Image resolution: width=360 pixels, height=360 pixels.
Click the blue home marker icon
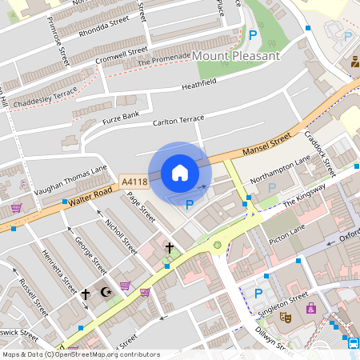click(x=180, y=173)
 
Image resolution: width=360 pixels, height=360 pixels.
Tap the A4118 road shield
click(x=134, y=183)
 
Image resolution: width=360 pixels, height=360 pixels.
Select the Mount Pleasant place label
click(x=237, y=56)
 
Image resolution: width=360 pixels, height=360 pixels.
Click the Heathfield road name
click(x=199, y=84)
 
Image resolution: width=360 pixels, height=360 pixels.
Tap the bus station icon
click(x=354, y=342)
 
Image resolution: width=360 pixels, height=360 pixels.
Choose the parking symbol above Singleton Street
click(x=258, y=293)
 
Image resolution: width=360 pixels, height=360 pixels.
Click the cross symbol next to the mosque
click(x=86, y=294)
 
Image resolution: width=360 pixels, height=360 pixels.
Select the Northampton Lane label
click(x=279, y=169)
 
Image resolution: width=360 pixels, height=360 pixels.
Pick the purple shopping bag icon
click(x=310, y=308)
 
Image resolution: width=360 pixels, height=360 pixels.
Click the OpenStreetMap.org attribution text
click(x=118, y=354)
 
